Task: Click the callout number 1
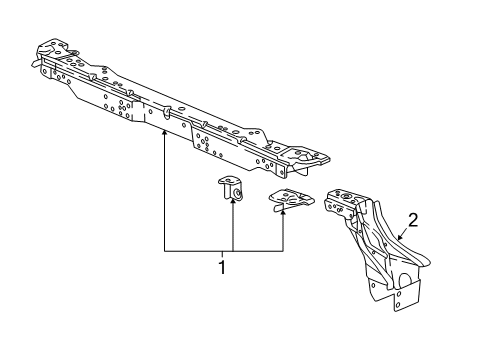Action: pos(223,267)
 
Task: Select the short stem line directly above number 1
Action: pos(223,255)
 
